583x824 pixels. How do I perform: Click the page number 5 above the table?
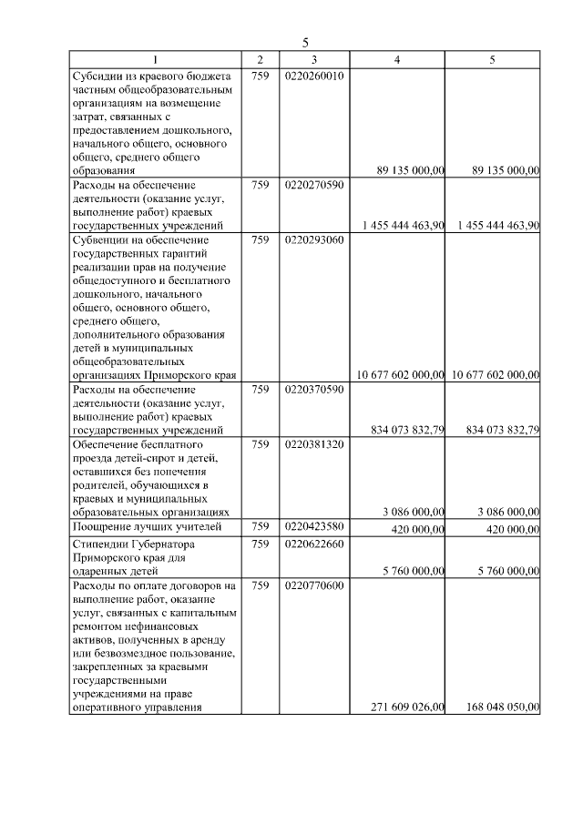306,43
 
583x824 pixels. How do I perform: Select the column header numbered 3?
313,60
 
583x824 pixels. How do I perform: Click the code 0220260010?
313,76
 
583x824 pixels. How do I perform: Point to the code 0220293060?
313,240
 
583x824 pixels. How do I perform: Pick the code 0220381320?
313,444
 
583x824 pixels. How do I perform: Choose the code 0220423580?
313,527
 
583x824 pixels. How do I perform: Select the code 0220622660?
313,544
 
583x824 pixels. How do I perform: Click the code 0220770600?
313,585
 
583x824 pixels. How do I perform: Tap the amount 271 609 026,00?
408,707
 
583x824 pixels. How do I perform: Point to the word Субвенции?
101,240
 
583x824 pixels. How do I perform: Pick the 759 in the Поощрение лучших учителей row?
260,527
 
